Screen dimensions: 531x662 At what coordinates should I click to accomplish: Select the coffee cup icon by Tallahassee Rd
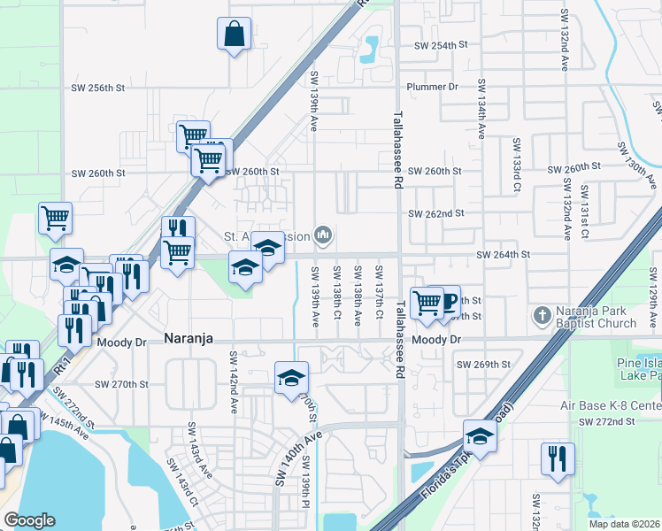point(447,301)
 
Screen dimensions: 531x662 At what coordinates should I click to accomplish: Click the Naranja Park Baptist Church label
point(596,317)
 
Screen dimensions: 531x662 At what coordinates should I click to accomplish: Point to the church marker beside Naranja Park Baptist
point(541,315)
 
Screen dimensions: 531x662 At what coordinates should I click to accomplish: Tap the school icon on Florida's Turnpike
point(479,436)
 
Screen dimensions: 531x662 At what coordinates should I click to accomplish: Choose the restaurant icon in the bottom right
point(557,458)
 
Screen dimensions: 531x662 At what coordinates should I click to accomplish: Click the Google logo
point(29,520)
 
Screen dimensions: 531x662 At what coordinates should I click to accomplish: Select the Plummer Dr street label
point(432,87)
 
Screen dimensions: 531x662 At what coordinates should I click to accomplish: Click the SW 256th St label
point(99,88)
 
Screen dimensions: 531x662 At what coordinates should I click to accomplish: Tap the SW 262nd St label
point(435,213)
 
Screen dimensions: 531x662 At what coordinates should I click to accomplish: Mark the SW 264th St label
point(503,254)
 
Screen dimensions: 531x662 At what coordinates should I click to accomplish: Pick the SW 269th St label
point(483,364)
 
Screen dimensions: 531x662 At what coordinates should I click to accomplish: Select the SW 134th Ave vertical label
point(481,108)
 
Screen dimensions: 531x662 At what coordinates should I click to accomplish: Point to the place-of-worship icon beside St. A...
point(324,235)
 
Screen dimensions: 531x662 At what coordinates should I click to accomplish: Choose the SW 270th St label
point(120,384)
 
